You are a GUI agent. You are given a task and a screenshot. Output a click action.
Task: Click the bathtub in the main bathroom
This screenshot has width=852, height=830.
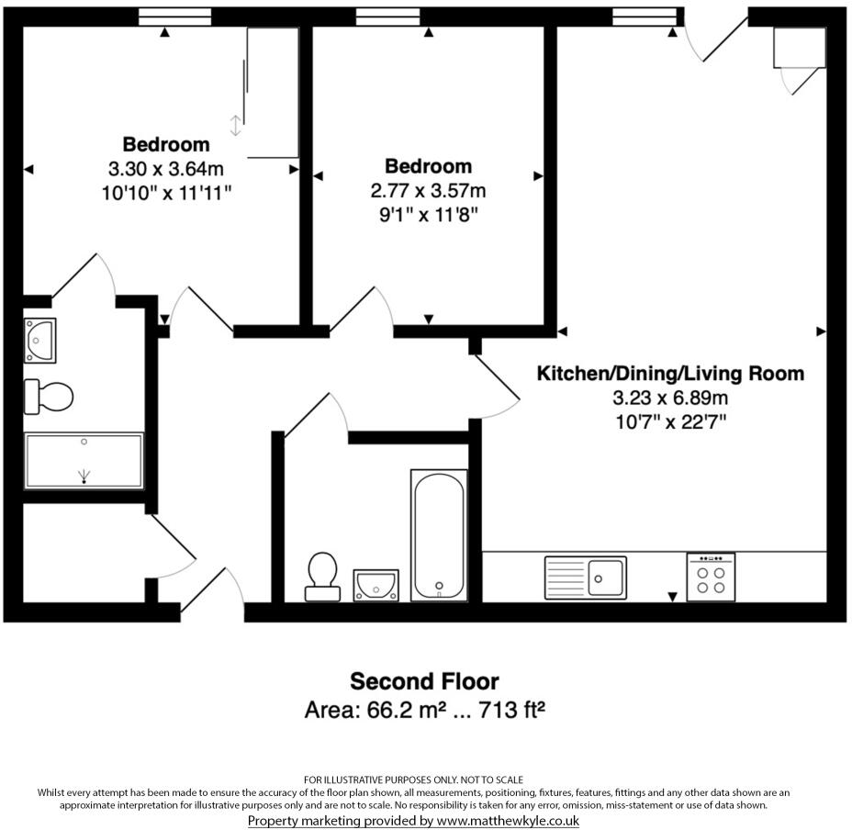tap(438, 534)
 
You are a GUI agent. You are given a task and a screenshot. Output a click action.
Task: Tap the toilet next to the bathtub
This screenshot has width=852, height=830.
tap(322, 575)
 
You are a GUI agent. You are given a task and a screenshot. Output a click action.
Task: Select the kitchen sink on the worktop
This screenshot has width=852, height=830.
tap(586, 577)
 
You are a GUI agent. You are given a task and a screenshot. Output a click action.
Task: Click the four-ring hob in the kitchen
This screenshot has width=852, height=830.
tap(711, 578)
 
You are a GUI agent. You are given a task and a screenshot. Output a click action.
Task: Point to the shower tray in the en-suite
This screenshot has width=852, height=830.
tap(84, 461)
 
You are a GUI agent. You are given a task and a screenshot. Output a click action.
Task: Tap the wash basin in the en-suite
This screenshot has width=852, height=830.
tap(40, 340)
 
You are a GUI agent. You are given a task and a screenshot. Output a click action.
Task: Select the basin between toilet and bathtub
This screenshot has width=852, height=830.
tap(376, 584)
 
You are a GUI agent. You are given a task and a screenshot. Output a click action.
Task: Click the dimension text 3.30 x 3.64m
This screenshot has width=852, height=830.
tap(166, 169)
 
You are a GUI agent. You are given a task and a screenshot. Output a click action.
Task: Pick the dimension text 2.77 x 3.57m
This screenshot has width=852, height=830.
tap(428, 191)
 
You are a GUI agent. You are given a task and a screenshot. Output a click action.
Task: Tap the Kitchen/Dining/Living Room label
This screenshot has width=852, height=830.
tap(670, 374)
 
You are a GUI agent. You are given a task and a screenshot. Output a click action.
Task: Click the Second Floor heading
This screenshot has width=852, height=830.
tap(424, 681)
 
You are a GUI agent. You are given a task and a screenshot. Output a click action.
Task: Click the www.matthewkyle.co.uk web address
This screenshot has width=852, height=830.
tap(508, 820)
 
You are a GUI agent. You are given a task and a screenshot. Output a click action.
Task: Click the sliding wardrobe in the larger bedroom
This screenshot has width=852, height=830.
tap(273, 92)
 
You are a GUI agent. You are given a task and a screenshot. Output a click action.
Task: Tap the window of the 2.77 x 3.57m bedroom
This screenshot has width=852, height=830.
tap(387, 16)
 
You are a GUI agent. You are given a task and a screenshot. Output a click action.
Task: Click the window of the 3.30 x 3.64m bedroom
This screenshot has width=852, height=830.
tap(174, 16)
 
